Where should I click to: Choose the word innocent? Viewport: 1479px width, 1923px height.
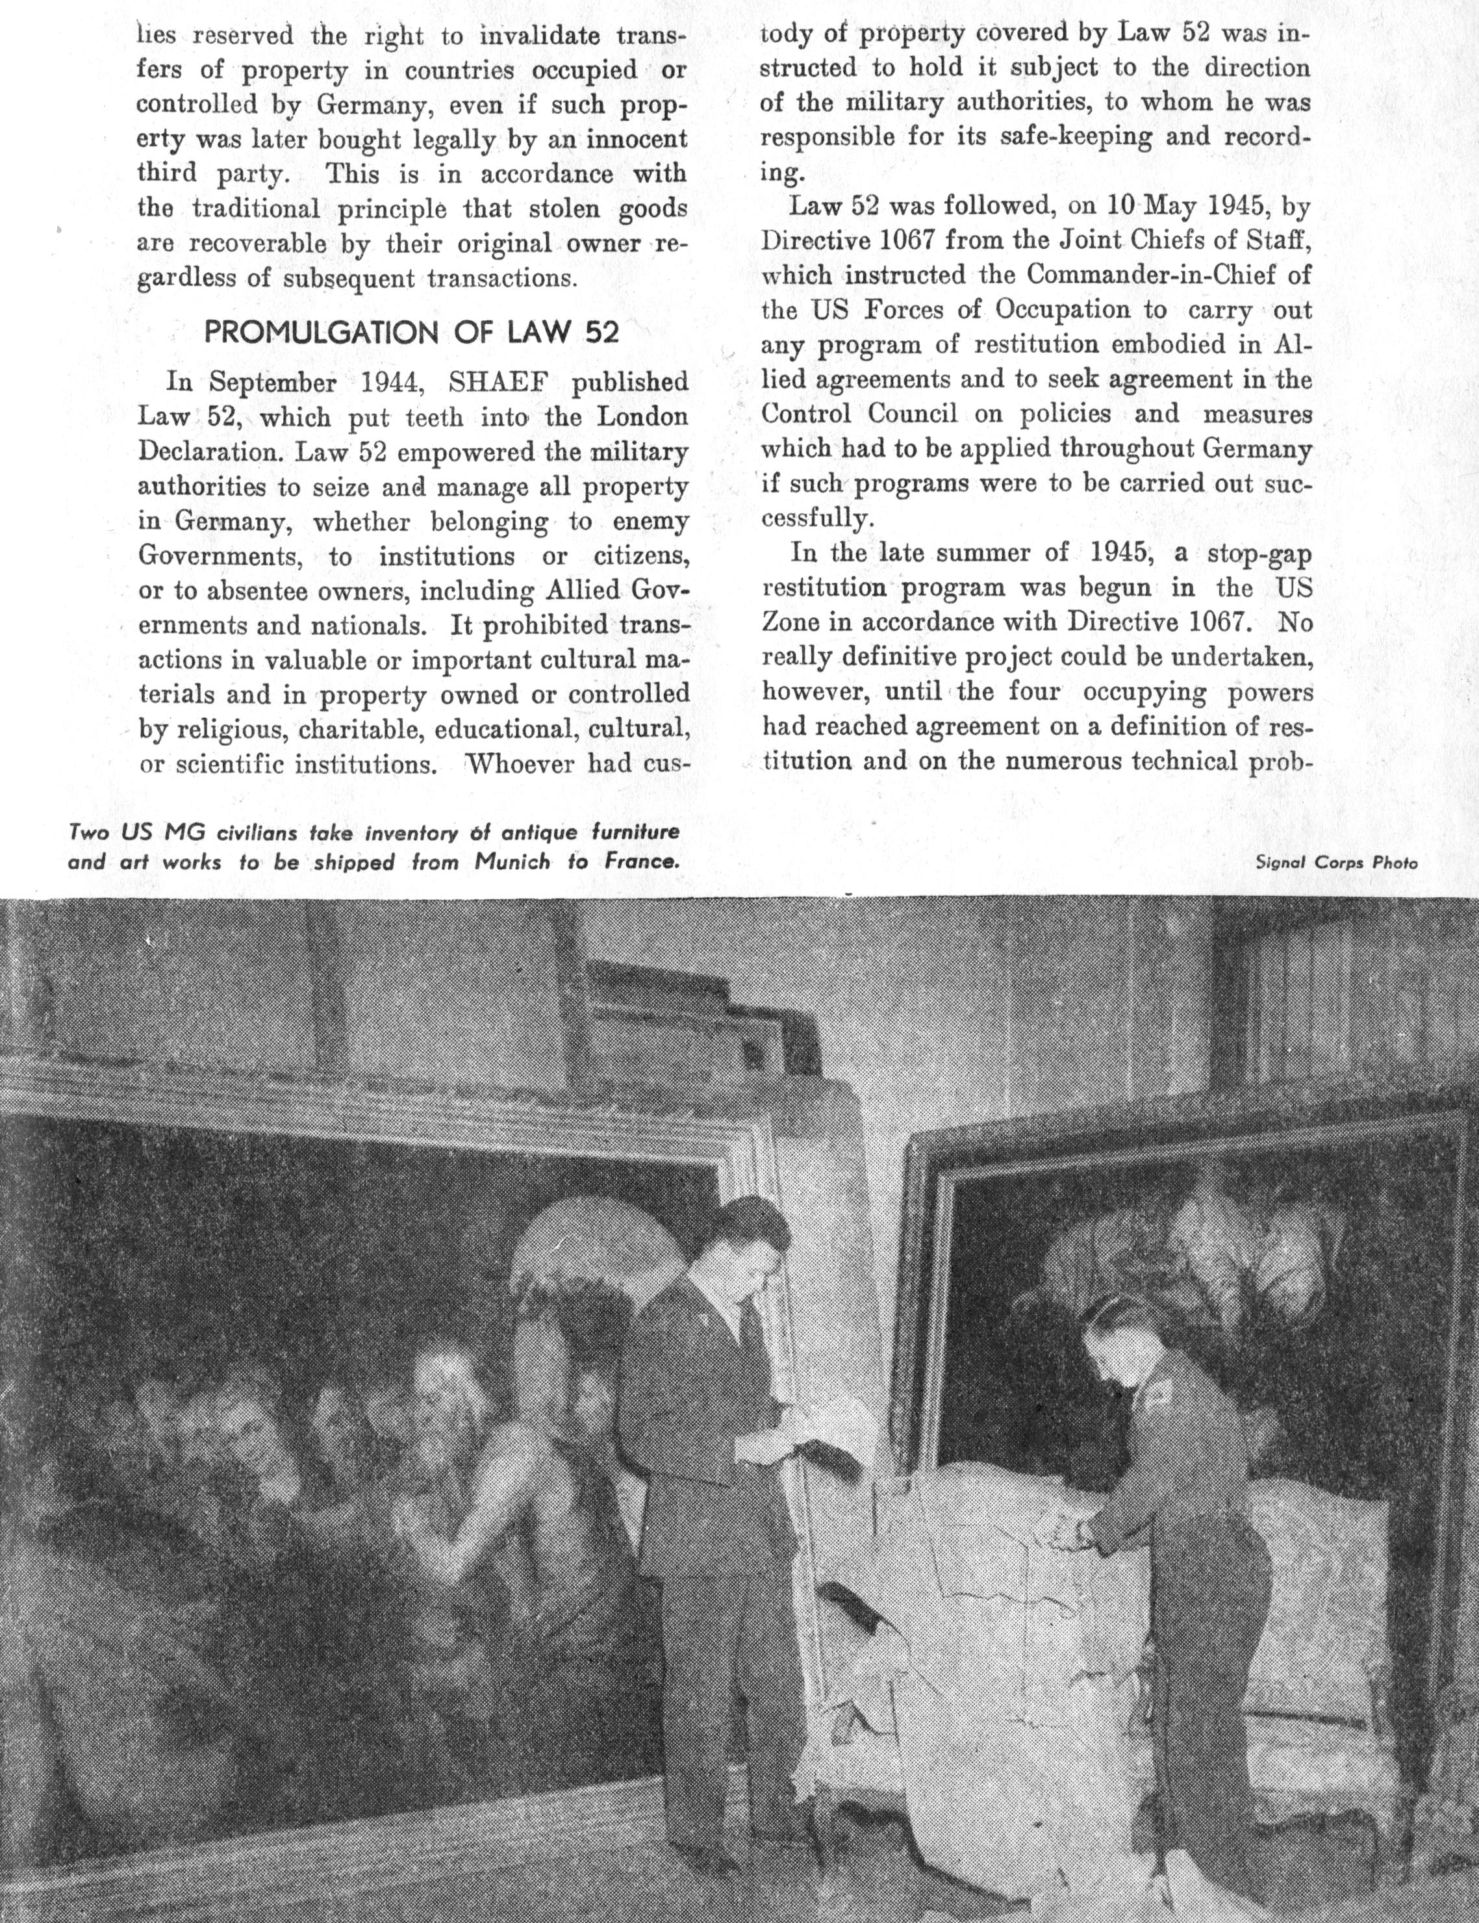tap(637, 139)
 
